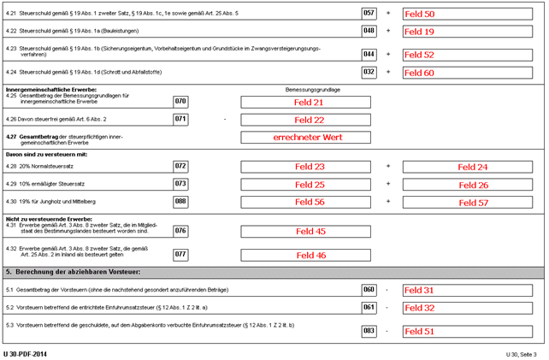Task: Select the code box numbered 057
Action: pyautogui.click(x=369, y=14)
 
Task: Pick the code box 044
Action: pyautogui.click(x=369, y=54)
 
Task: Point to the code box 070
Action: pyautogui.click(x=180, y=102)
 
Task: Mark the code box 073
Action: pyautogui.click(x=180, y=184)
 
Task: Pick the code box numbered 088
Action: pyautogui.click(x=180, y=202)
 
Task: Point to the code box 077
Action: pyautogui.click(x=180, y=254)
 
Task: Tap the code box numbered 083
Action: pyautogui.click(x=369, y=330)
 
